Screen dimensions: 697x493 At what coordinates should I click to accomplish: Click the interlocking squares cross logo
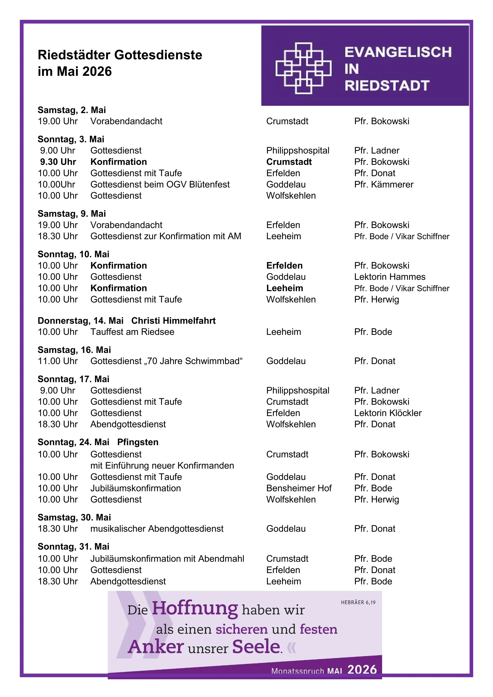coord(303,68)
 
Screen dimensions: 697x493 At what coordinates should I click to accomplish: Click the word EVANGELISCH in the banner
coord(398,52)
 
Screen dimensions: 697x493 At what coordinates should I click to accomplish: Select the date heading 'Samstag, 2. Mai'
coord(72,110)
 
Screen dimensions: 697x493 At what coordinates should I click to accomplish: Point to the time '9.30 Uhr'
coord(58,162)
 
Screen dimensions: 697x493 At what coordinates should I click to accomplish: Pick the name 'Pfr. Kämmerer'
coord(384,184)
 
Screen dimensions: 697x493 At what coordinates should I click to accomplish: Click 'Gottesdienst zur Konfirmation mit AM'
coord(165,236)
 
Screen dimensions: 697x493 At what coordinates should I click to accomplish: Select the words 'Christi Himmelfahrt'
coord(173,321)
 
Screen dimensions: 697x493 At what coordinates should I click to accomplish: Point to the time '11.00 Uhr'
coord(58,361)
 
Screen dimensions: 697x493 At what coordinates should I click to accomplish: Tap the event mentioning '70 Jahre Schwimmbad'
coord(167,361)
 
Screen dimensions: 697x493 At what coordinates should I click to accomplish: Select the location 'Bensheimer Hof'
coord(299,488)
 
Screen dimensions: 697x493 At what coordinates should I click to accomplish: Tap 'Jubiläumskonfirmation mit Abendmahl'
coord(167,559)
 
